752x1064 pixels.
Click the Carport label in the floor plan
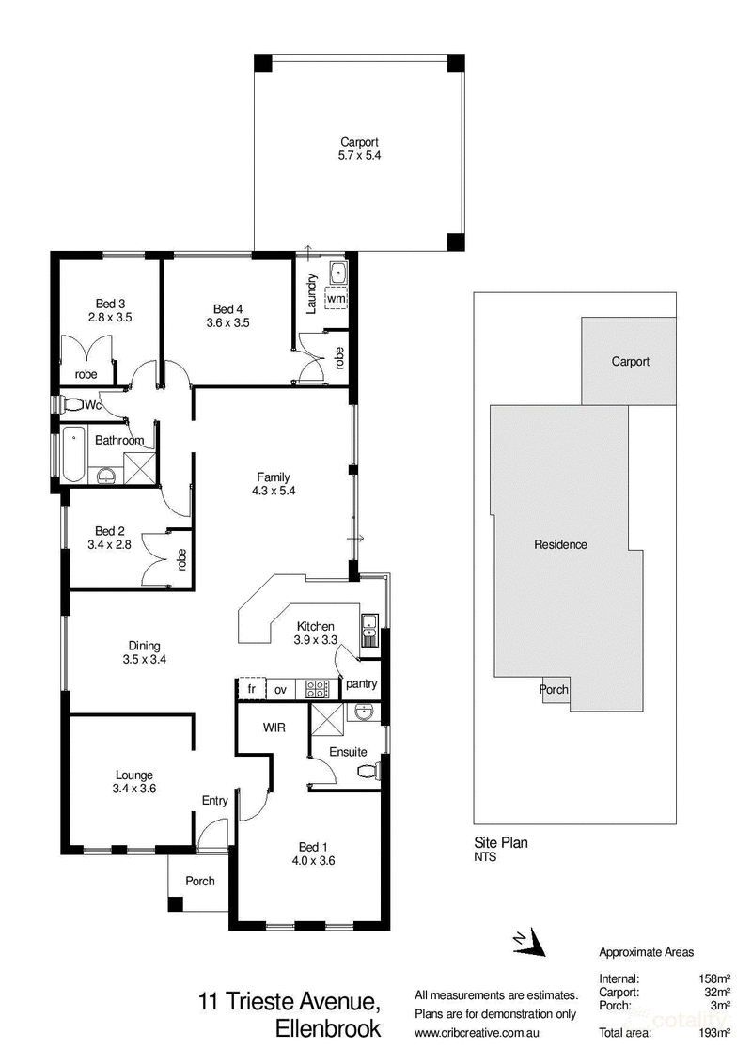pos(360,142)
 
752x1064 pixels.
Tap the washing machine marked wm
pos(336,298)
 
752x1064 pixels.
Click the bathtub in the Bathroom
pos(72,455)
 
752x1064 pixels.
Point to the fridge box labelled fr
pos(252,689)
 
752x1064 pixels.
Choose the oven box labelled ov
pos(280,689)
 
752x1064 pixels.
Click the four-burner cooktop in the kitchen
pos(316,689)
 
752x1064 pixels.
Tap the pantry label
pos(361,684)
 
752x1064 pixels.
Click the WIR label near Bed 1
pos(274,728)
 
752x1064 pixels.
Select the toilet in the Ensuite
pos(368,772)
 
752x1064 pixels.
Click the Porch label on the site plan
pos(554,689)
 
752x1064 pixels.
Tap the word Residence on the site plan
pos(560,544)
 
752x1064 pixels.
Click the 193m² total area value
pos(714,1033)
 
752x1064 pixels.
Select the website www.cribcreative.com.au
pos(478,1033)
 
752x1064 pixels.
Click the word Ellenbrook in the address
pos(328,1028)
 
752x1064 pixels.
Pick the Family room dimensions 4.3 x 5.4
pos(274,491)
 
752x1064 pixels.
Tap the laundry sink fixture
pos(337,274)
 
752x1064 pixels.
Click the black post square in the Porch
pos(175,904)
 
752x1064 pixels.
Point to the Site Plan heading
pos(501,843)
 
